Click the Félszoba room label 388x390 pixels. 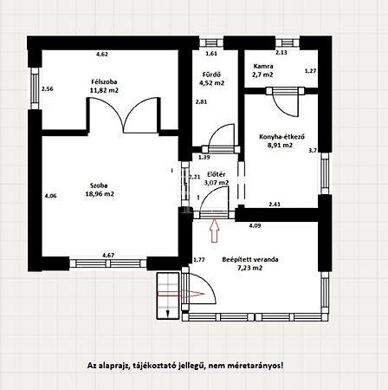tap(104, 82)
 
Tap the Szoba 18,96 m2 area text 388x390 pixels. tap(100, 194)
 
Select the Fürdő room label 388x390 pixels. tap(212, 75)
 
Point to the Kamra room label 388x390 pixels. tap(263, 66)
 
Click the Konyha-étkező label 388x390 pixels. tap(282, 137)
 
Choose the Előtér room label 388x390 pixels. tap(217, 174)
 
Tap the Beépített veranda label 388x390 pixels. tap(250, 259)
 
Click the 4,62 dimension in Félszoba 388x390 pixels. tap(102, 54)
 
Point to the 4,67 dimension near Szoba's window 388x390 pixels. tap(108, 255)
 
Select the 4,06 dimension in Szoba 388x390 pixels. tap(50, 196)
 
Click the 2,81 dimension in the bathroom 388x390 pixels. tap(201, 101)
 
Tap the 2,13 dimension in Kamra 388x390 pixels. tap(281, 53)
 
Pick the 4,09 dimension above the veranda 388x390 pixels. tap(255, 225)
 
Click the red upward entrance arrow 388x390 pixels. tap(214, 231)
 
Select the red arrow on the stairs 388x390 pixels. tap(181, 294)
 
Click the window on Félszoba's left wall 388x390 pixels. tap(35, 88)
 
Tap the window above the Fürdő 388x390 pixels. tap(211, 42)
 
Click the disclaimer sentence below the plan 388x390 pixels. tap(185, 366)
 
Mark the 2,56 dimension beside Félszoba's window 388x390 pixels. tap(48, 89)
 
